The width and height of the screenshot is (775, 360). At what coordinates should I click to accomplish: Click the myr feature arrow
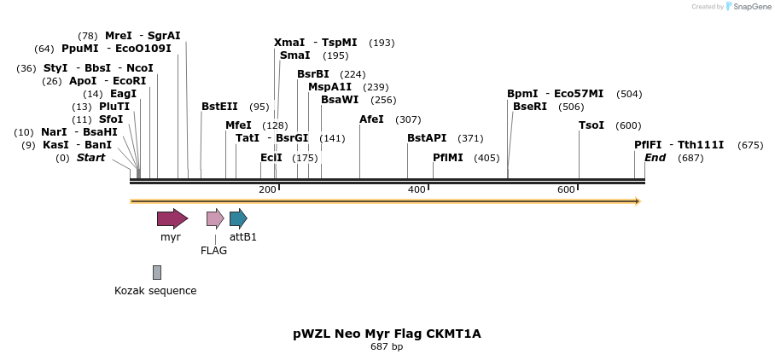[x=172, y=218]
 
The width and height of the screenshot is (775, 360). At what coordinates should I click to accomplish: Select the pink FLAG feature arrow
[x=215, y=218]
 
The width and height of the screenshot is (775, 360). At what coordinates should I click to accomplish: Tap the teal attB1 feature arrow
[x=238, y=218]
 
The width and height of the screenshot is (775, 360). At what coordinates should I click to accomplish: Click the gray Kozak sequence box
[x=157, y=272]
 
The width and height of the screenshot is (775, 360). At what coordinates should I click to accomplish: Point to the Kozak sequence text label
[x=155, y=291]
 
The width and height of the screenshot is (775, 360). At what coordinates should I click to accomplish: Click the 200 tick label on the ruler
[x=267, y=189]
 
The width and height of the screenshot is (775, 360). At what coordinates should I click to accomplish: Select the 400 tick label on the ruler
[x=417, y=189]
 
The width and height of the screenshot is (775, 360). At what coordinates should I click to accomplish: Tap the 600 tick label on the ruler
[x=566, y=189]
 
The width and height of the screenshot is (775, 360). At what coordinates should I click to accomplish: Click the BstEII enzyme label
[x=219, y=107]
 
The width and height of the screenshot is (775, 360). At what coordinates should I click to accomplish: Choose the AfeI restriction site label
[x=371, y=119]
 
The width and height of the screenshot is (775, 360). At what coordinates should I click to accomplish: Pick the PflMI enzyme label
[x=448, y=158]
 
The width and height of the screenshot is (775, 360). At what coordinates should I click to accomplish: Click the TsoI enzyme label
[x=591, y=125]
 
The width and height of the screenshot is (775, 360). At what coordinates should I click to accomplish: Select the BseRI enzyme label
[x=530, y=107]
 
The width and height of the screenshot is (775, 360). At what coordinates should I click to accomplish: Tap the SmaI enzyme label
[x=295, y=55]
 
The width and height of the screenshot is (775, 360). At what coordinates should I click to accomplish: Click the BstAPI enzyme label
[x=427, y=138]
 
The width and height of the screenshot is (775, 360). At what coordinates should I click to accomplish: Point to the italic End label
[x=655, y=158]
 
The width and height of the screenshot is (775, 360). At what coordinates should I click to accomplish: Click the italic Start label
[x=91, y=158]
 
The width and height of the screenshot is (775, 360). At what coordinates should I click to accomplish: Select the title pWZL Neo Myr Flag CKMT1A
[x=387, y=334]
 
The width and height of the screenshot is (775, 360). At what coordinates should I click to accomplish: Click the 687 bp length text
[x=387, y=347]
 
